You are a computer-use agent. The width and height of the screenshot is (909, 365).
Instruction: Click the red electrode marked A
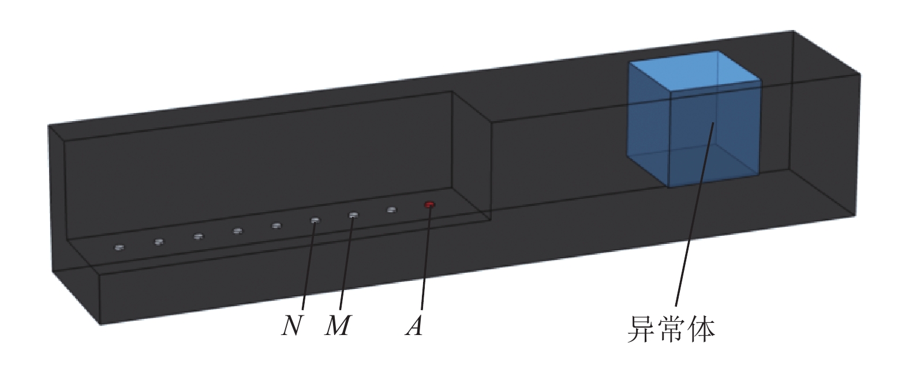click(x=429, y=204)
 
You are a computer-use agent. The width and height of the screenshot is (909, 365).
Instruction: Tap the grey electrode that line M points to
click(x=353, y=215)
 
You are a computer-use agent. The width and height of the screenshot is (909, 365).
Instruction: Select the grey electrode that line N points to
click(x=315, y=220)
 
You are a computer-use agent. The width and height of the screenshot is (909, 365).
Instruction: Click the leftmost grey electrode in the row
click(x=119, y=247)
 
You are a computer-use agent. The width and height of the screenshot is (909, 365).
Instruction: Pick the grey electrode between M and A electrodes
click(x=391, y=210)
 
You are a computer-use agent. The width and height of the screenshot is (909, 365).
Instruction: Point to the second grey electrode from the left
click(x=159, y=242)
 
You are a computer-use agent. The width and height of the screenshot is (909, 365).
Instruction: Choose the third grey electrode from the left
click(x=198, y=236)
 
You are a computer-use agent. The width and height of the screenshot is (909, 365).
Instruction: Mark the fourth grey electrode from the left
click(x=237, y=231)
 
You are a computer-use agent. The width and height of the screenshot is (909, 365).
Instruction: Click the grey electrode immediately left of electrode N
click(x=276, y=225)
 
